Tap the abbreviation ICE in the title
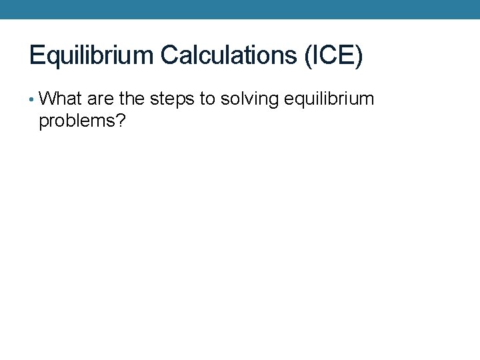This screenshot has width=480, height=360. coord(333,55)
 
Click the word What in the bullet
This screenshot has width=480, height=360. coord(61,99)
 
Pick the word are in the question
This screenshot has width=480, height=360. coord(101,99)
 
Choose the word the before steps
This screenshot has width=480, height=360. coord(132,99)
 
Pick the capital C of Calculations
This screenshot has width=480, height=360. coord(170,55)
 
